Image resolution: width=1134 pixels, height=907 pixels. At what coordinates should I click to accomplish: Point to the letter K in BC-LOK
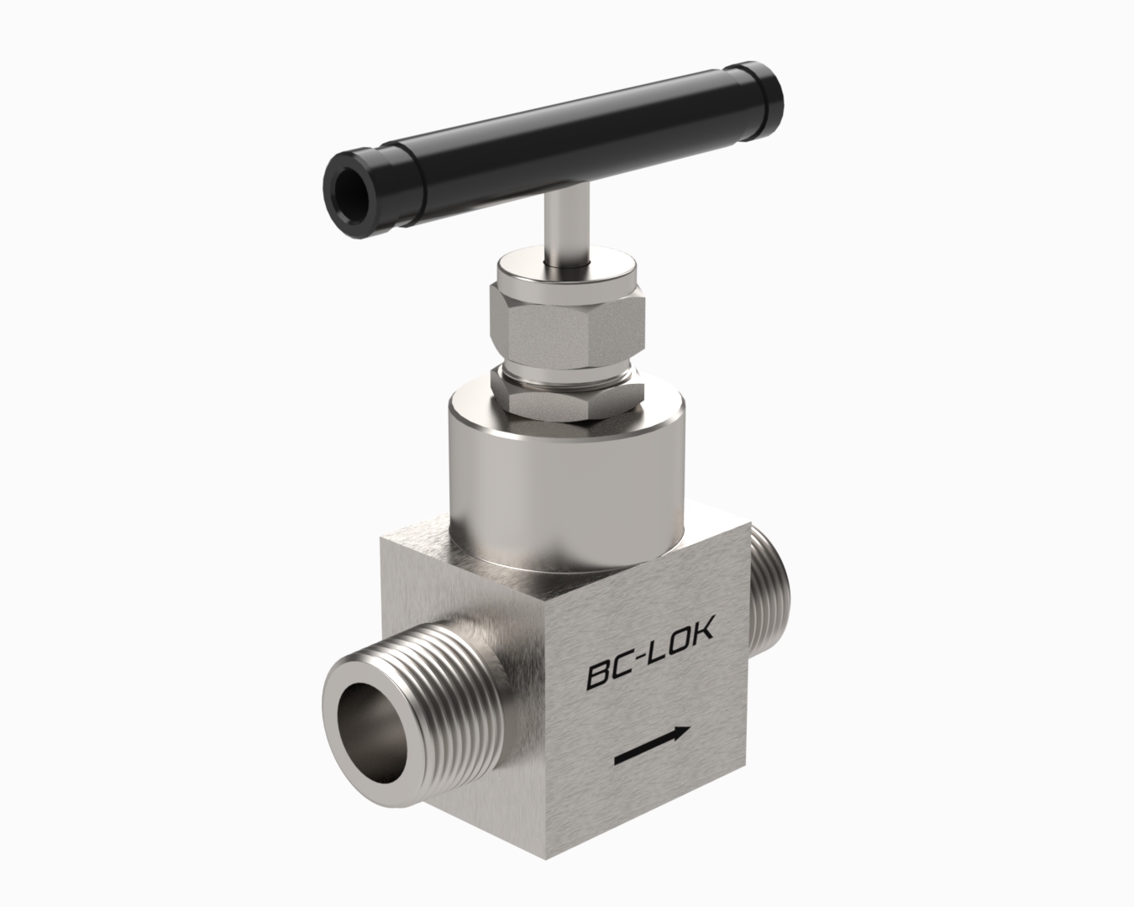(702, 630)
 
